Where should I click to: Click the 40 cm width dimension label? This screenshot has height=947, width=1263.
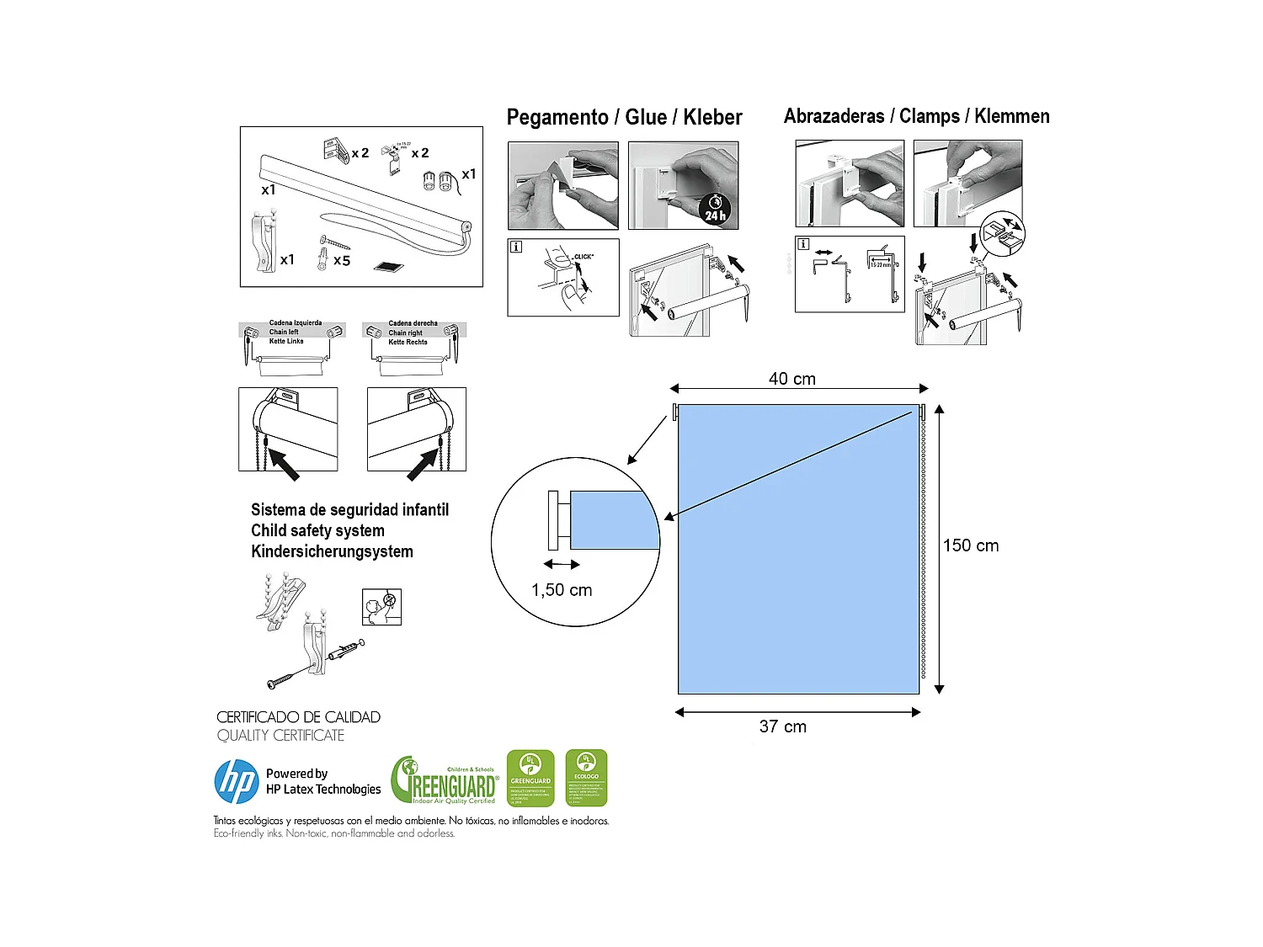point(791,379)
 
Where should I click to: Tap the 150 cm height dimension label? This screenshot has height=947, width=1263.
point(970,545)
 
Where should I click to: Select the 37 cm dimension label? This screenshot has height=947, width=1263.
point(782,726)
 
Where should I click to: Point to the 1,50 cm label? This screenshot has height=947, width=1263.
point(562,590)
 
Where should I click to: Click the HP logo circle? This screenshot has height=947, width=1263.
point(237,781)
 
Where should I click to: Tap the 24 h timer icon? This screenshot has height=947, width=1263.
point(715,208)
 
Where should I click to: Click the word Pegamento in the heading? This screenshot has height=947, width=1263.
point(557,117)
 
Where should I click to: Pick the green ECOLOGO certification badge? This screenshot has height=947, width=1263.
point(586,779)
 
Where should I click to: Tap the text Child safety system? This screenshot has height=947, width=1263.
point(317,530)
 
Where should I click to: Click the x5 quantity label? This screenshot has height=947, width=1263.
point(341,261)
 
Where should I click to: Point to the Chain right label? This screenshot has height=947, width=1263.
point(406,333)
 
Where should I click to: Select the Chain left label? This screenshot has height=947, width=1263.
point(284,332)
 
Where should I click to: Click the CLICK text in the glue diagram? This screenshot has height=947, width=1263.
point(584,257)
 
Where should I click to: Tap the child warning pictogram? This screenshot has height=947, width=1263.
point(381,607)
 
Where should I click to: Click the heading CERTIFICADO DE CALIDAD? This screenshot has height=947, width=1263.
point(298,717)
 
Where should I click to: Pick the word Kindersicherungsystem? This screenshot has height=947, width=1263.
point(332,551)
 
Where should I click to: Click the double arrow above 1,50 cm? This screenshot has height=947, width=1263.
point(562,565)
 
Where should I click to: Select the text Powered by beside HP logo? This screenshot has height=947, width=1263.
point(296,774)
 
